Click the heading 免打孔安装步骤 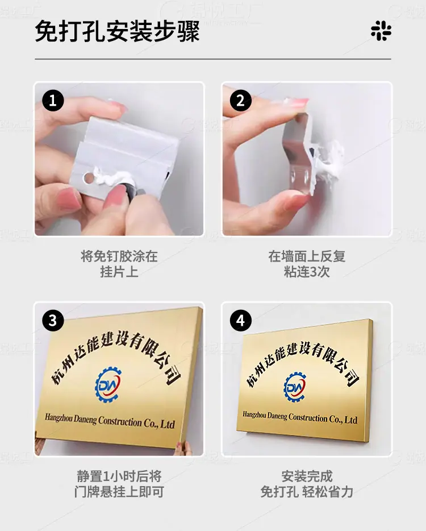tap(117, 31)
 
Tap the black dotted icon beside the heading tap(381, 31)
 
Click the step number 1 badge tap(53, 100)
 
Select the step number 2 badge tap(241, 100)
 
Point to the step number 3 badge tap(53, 320)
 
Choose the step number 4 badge tap(241, 320)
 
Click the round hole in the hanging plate tap(88, 178)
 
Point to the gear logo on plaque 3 tap(108, 385)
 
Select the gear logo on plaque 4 tap(294, 387)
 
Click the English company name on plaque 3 tap(110, 421)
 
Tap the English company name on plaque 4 tap(300, 417)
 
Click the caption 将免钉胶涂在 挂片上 tap(119, 264)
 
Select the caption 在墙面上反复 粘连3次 tap(307, 264)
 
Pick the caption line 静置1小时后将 tap(119, 476)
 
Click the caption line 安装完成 tap(307, 476)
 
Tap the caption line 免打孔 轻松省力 tap(307, 492)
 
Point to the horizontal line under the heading tap(213, 59)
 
